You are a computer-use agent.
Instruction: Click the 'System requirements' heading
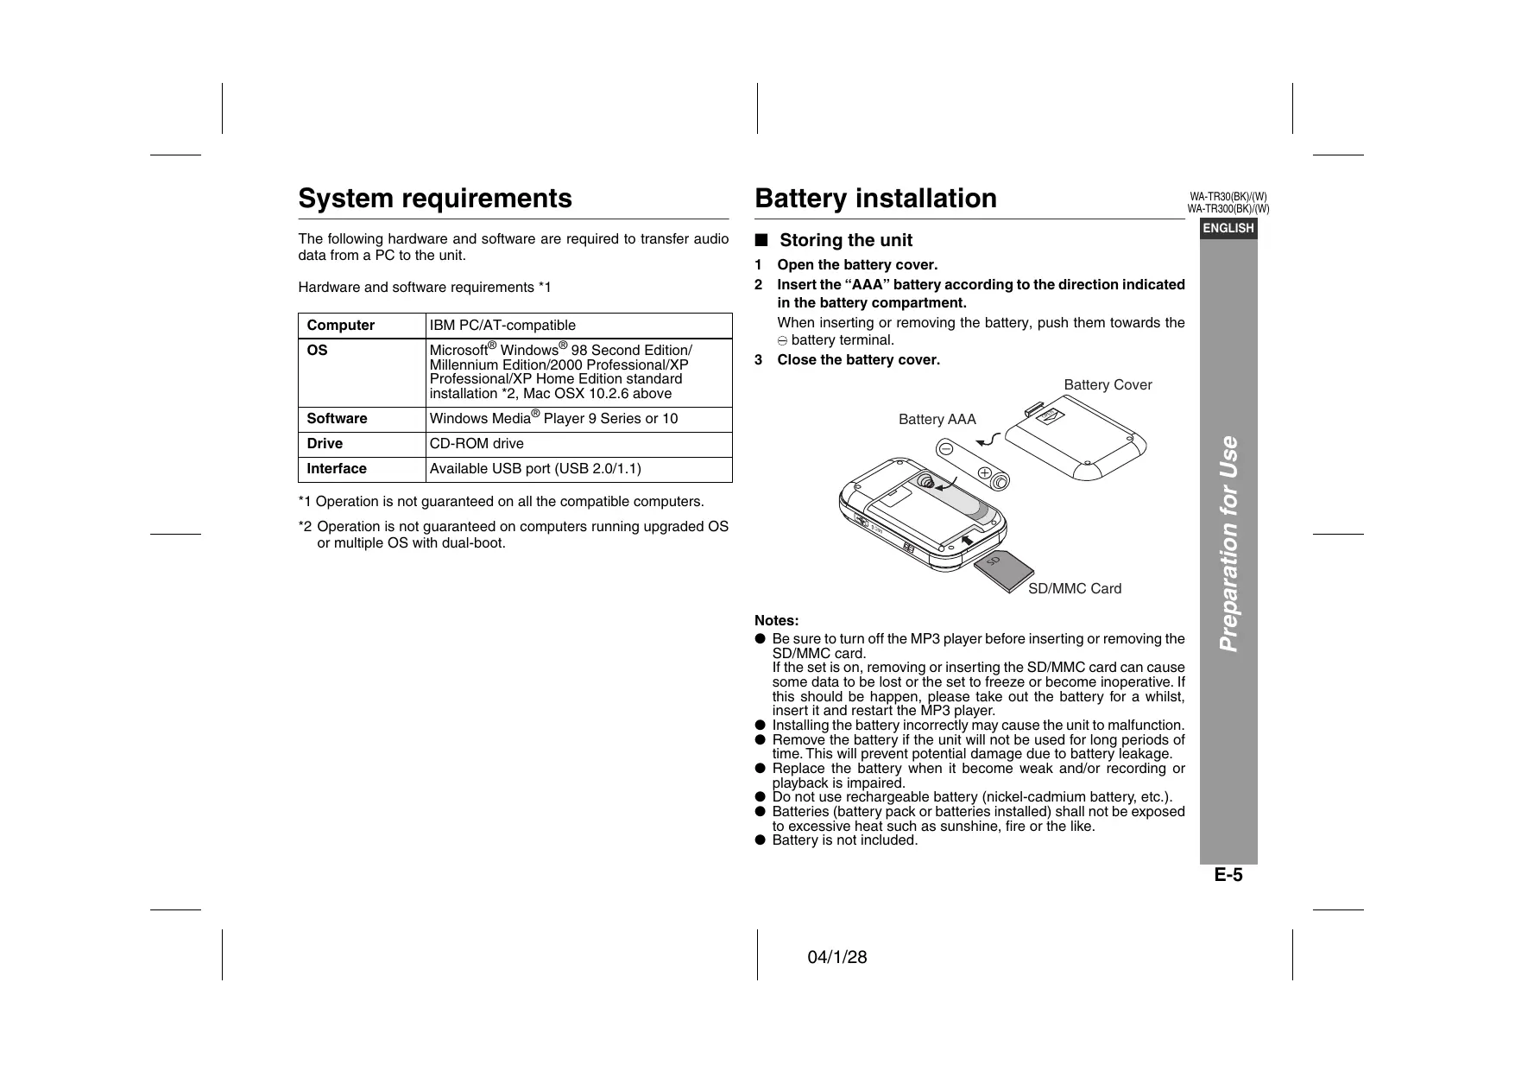click(x=434, y=199)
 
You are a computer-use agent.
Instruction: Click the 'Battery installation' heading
click(x=875, y=199)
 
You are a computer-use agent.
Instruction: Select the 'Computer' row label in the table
click(x=341, y=326)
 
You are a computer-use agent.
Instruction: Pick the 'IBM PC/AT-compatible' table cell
click(x=502, y=326)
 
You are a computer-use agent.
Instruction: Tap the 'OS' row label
click(x=318, y=351)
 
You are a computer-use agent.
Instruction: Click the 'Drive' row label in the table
click(x=325, y=444)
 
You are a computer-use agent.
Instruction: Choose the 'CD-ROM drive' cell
click(x=477, y=444)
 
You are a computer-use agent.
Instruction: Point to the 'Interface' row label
click(x=337, y=469)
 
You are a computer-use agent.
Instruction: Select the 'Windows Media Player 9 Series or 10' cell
click(x=553, y=419)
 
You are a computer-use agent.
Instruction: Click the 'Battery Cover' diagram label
click(x=1108, y=385)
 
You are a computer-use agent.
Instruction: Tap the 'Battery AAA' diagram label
click(x=937, y=420)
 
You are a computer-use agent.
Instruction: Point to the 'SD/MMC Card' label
click(x=1075, y=589)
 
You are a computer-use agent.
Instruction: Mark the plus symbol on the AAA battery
click(x=984, y=472)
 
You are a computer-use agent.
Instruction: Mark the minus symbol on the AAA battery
click(x=946, y=449)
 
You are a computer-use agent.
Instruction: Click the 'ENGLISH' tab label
click(x=1228, y=229)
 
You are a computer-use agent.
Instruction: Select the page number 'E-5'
click(x=1228, y=875)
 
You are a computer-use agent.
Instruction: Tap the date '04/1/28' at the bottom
click(x=836, y=958)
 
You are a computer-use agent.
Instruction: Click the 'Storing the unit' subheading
click(x=845, y=241)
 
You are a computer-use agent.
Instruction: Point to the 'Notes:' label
click(x=776, y=621)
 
